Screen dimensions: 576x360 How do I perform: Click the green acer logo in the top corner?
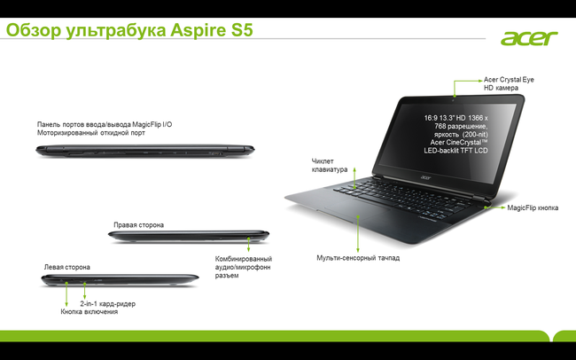click(x=529, y=38)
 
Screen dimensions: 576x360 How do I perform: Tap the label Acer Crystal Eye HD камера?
click(x=509, y=83)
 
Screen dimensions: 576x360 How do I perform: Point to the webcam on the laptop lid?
click(x=454, y=99)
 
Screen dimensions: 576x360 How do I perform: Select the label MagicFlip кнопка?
click(x=533, y=207)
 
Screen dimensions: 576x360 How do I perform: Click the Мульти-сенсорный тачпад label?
click(x=358, y=258)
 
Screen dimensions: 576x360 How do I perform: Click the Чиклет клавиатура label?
click(x=330, y=165)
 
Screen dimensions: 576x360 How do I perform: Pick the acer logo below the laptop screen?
click(x=424, y=177)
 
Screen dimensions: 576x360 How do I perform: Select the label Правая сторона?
click(x=138, y=224)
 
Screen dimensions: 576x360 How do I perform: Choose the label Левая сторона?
click(x=66, y=267)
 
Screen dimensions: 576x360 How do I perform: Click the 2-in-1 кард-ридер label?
click(x=107, y=304)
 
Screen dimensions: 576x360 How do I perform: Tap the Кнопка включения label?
click(x=90, y=312)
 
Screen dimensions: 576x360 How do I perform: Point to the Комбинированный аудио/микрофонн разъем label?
click(x=243, y=267)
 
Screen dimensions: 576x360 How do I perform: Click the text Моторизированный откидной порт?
click(x=91, y=133)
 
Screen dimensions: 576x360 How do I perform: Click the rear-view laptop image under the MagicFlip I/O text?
click(x=145, y=151)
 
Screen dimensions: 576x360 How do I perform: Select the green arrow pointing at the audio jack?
click(x=249, y=244)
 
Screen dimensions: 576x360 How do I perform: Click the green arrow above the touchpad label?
click(x=358, y=234)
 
